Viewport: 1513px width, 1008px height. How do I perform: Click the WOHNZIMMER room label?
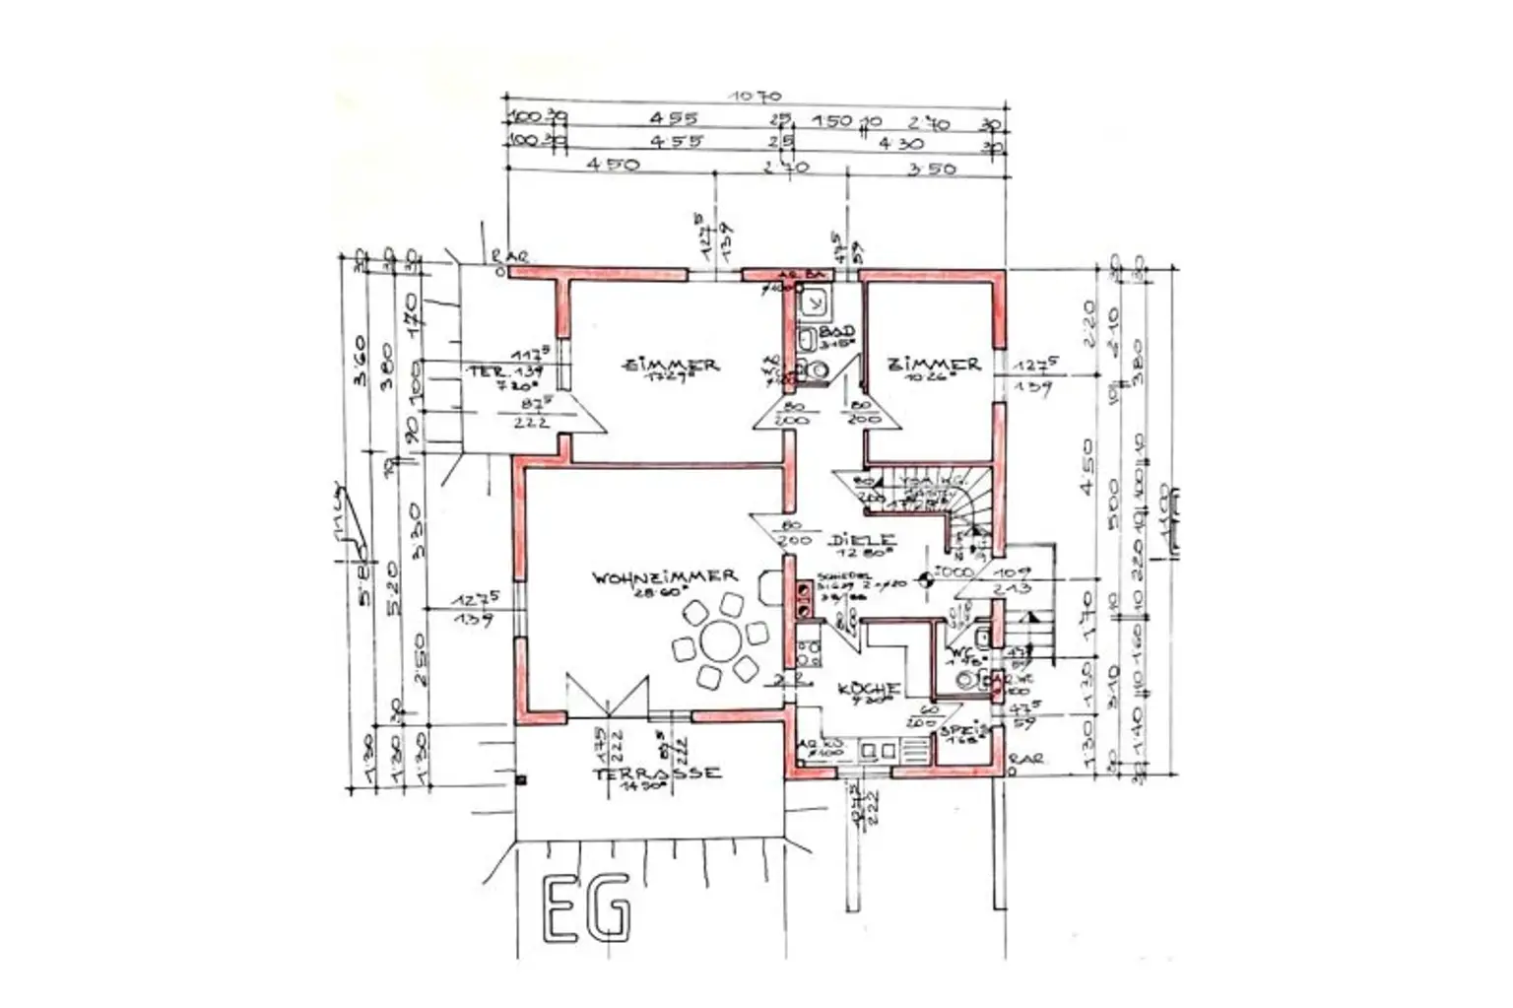pyautogui.click(x=664, y=576)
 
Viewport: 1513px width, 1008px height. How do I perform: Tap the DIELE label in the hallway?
pyautogui.click(x=862, y=540)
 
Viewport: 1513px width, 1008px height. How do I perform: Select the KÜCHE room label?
pyautogui.click(x=868, y=688)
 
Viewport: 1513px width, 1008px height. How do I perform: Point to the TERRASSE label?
pyautogui.click(x=657, y=773)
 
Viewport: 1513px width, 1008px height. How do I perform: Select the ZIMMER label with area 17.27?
pyautogui.click(x=671, y=365)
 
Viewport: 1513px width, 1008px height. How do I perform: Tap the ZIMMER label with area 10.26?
pyautogui.click(x=934, y=364)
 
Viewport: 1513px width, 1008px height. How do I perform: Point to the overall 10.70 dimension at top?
pyautogui.click(x=755, y=97)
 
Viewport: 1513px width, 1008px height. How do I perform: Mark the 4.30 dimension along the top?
pyautogui.click(x=900, y=144)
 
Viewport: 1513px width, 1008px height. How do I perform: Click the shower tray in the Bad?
pyautogui.click(x=816, y=300)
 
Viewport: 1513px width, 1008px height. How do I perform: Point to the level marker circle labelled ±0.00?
pyautogui.click(x=925, y=580)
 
